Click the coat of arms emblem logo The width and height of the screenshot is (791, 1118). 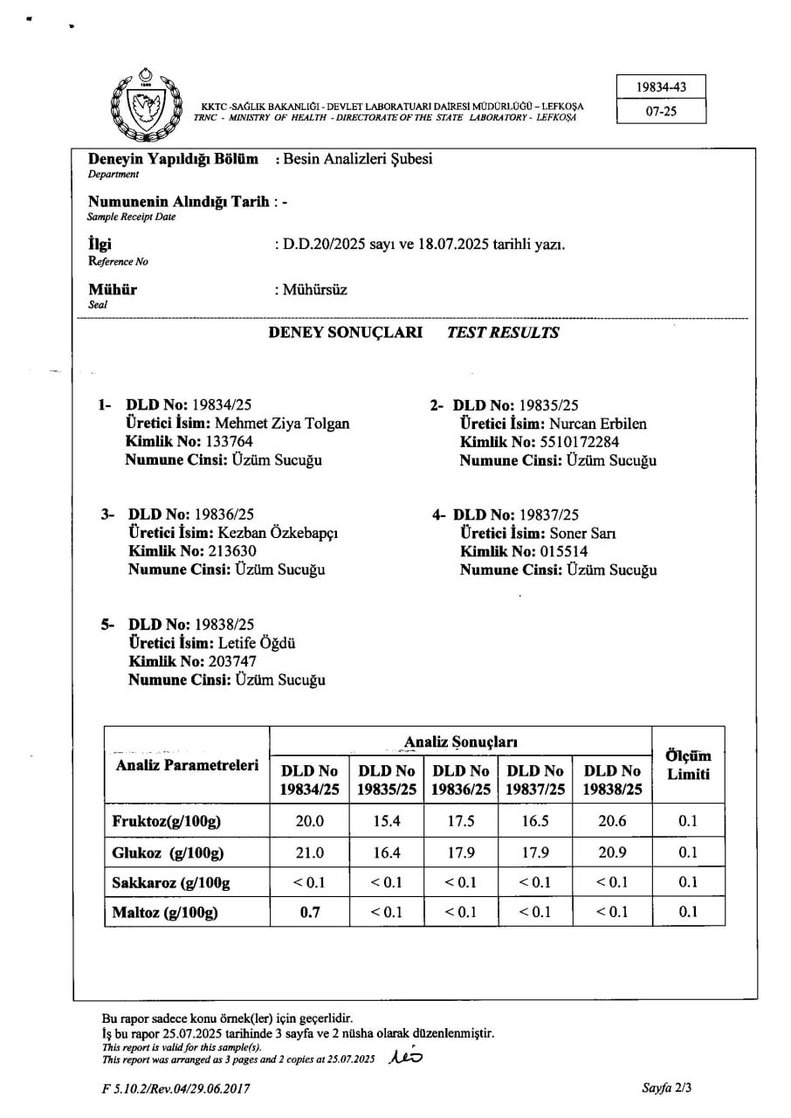(x=145, y=106)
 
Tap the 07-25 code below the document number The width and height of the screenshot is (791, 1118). (x=660, y=112)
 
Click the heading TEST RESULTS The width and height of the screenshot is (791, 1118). (x=503, y=333)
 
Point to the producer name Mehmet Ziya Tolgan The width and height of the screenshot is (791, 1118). (x=282, y=424)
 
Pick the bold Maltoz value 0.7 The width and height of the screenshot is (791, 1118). (x=310, y=912)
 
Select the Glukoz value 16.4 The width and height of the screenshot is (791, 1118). (x=386, y=852)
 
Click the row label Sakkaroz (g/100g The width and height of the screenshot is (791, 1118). (x=171, y=882)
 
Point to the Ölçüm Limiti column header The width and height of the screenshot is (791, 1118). (x=688, y=765)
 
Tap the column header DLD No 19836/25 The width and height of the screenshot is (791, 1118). (x=460, y=780)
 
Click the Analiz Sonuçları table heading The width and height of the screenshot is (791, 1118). (x=460, y=742)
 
